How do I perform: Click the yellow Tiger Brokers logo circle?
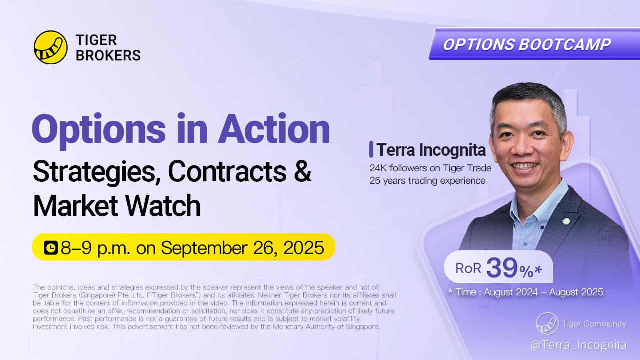click(x=51, y=47)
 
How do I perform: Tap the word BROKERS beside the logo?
click(x=108, y=55)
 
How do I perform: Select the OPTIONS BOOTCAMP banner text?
click(x=527, y=44)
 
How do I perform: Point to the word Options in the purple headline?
click(x=99, y=131)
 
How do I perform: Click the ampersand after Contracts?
click(x=302, y=171)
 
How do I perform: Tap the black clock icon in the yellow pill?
click(x=51, y=247)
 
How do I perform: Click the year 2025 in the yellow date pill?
click(x=304, y=247)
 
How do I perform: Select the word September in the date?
click(x=203, y=248)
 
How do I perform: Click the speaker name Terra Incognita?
click(x=431, y=149)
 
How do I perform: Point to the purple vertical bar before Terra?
click(x=371, y=149)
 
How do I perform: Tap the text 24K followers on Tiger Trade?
click(x=430, y=168)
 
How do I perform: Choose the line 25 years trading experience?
click(x=427, y=181)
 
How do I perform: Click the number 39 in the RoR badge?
click(x=502, y=267)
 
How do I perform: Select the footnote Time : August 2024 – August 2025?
click(x=525, y=292)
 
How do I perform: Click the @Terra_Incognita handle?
click(x=579, y=345)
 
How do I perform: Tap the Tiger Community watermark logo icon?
click(x=547, y=323)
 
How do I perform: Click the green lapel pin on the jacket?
click(x=566, y=221)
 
